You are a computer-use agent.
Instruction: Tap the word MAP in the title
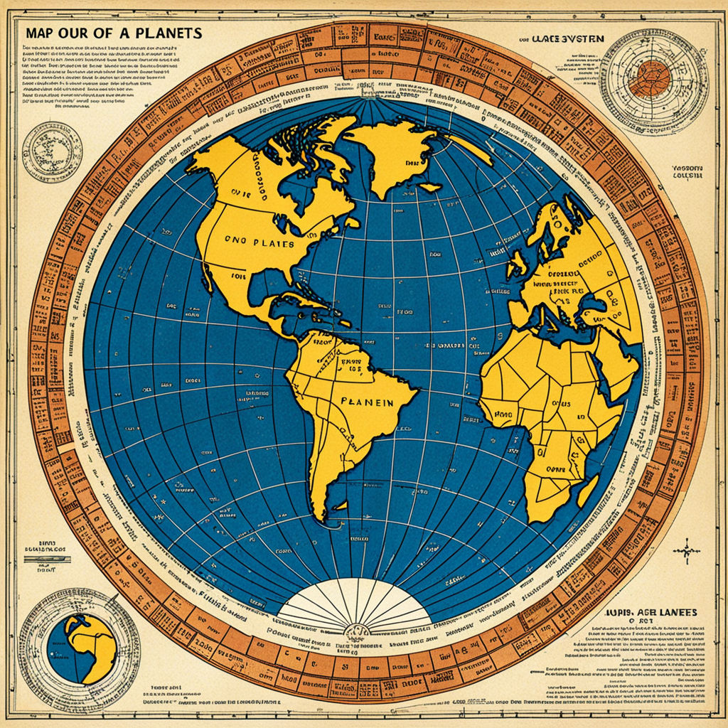[41, 33]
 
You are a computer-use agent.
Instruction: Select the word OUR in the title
[83, 33]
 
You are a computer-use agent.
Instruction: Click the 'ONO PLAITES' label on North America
[259, 242]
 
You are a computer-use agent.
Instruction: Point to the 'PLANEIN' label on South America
[367, 402]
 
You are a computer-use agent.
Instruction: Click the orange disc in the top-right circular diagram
[648, 78]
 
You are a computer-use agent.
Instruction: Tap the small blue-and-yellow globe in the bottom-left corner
[82, 647]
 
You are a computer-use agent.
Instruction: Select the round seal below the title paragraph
[51, 151]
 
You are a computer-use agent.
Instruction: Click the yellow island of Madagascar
[587, 490]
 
